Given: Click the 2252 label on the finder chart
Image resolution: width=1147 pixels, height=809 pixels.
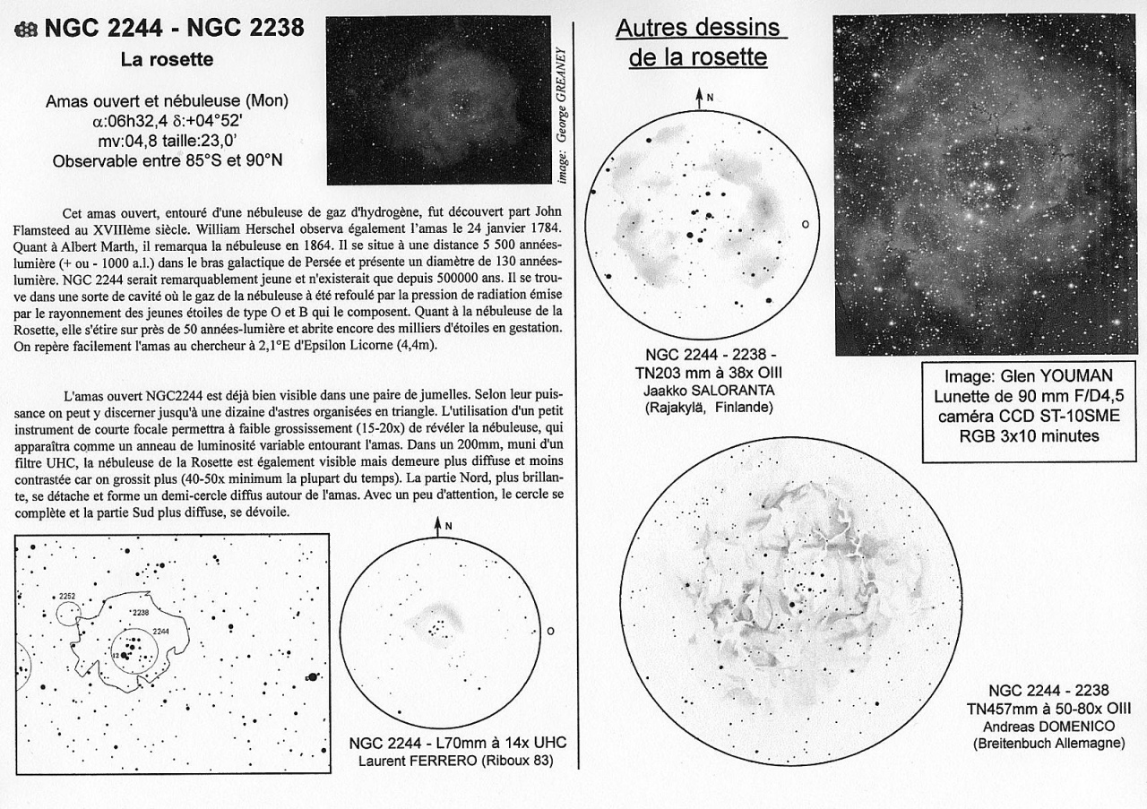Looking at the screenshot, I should (x=65, y=596).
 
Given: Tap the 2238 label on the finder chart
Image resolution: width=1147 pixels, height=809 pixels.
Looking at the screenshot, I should (x=140, y=612).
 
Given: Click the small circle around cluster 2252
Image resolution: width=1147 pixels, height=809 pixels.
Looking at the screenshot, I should (x=68, y=614).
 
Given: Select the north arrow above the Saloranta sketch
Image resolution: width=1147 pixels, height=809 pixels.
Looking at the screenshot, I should (x=699, y=98).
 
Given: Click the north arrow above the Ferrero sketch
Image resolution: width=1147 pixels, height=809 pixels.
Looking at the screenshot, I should (x=438, y=527).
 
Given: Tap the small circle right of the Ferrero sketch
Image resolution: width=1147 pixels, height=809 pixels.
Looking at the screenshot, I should (x=550, y=631).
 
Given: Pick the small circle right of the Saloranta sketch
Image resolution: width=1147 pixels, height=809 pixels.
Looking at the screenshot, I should (x=805, y=224).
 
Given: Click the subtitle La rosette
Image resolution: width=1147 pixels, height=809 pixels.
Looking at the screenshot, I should (x=167, y=60).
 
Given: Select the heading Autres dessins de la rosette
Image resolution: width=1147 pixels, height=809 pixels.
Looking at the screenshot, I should (x=698, y=43).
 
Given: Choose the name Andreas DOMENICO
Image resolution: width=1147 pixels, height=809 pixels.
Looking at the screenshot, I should (x=1048, y=726).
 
